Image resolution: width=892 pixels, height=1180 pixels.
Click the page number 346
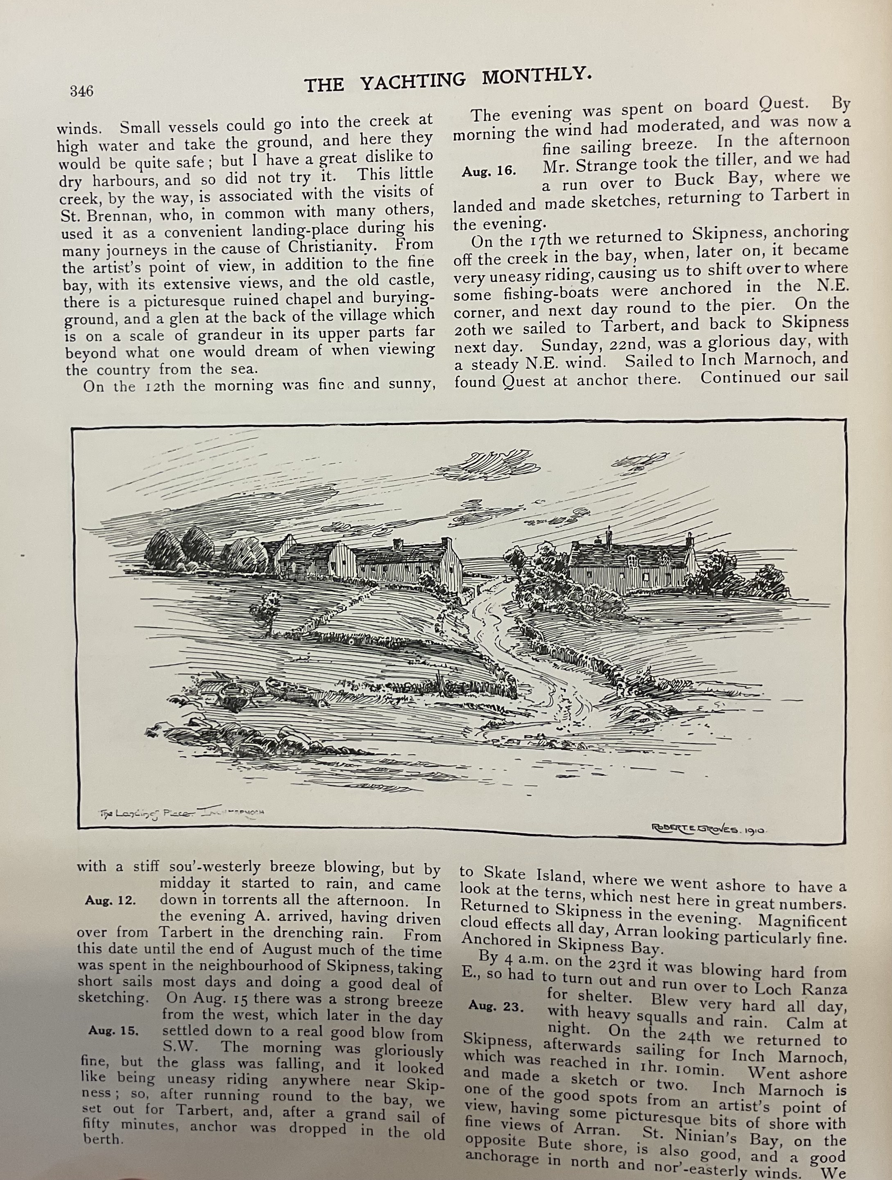pos(82,91)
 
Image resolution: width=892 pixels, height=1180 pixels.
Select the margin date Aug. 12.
pos(110,901)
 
